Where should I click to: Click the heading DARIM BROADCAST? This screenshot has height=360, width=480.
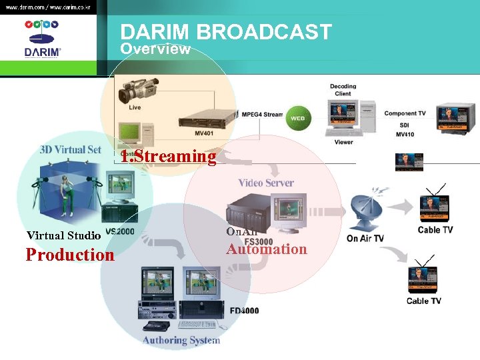coord(225,32)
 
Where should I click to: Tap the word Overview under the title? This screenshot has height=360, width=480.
coord(155,49)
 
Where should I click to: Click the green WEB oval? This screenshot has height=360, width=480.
coord(297,118)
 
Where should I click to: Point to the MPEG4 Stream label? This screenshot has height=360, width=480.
coord(262,115)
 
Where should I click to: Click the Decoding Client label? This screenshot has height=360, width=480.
coord(343,90)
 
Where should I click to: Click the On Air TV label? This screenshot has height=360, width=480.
coord(365,239)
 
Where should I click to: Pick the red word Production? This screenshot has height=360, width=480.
coord(70,255)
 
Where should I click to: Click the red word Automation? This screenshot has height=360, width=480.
coord(266,249)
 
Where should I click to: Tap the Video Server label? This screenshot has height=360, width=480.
coord(266,183)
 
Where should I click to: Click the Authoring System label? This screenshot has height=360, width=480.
coord(181,340)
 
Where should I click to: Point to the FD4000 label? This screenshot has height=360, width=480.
coord(244,311)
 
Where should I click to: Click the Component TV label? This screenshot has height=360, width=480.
coord(405,114)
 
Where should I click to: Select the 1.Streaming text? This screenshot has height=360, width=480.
coord(168,157)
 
